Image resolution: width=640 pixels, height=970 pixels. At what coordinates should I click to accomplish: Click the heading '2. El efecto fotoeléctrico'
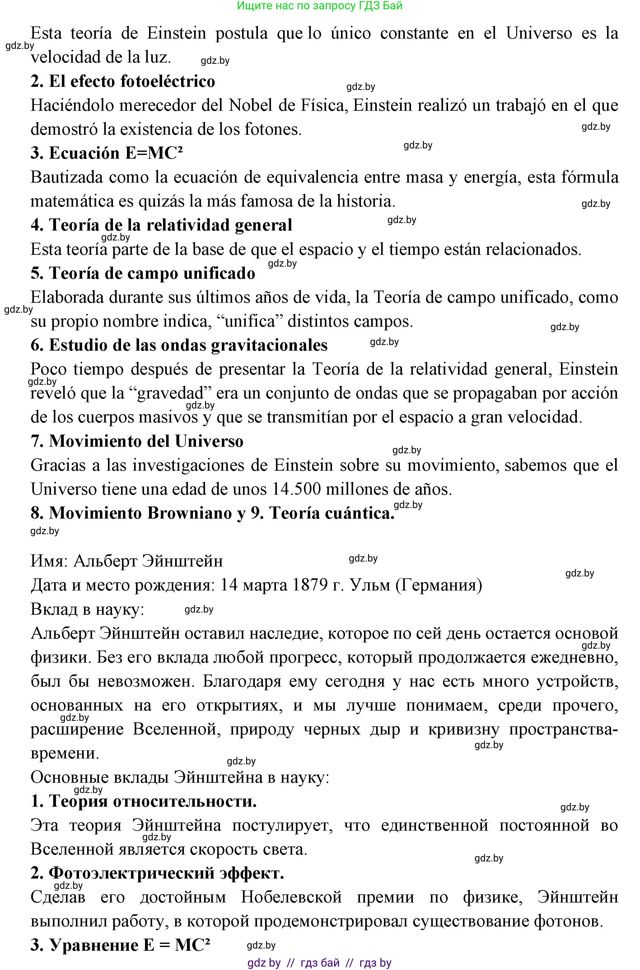click(123, 81)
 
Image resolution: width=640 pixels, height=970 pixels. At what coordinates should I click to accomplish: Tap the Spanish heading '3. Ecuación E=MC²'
click(106, 153)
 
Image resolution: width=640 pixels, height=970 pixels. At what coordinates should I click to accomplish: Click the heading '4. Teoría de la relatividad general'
click(161, 225)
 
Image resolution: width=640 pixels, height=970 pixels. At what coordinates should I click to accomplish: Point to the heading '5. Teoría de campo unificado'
click(143, 273)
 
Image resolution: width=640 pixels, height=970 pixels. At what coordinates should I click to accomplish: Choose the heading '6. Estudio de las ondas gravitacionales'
click(179, 345)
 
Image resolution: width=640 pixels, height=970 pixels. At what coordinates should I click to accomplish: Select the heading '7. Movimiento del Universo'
click(137, 441)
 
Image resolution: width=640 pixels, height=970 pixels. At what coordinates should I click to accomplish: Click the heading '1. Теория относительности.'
click(144, 801)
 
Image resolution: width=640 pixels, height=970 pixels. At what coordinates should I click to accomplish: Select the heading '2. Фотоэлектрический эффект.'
click(157, 873)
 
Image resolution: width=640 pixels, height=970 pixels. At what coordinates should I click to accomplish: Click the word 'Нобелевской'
click(291, 898)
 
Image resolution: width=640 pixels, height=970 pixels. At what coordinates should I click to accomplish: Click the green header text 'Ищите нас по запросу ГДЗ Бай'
click(320, 6)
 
